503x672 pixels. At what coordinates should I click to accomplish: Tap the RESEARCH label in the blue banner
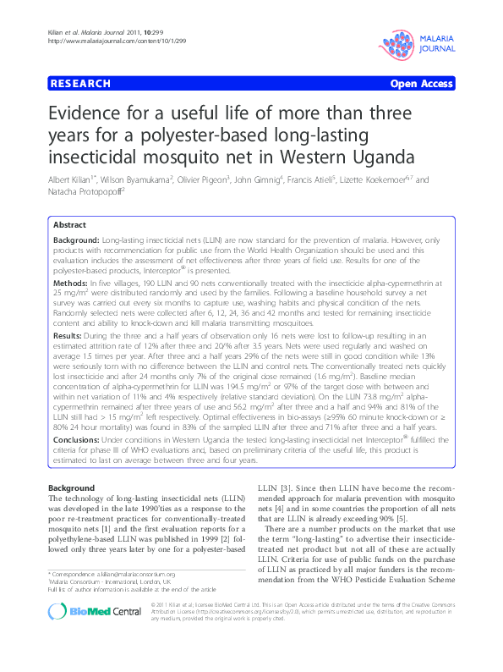click(79, 84)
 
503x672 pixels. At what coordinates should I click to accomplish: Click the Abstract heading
click(69, 225)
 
